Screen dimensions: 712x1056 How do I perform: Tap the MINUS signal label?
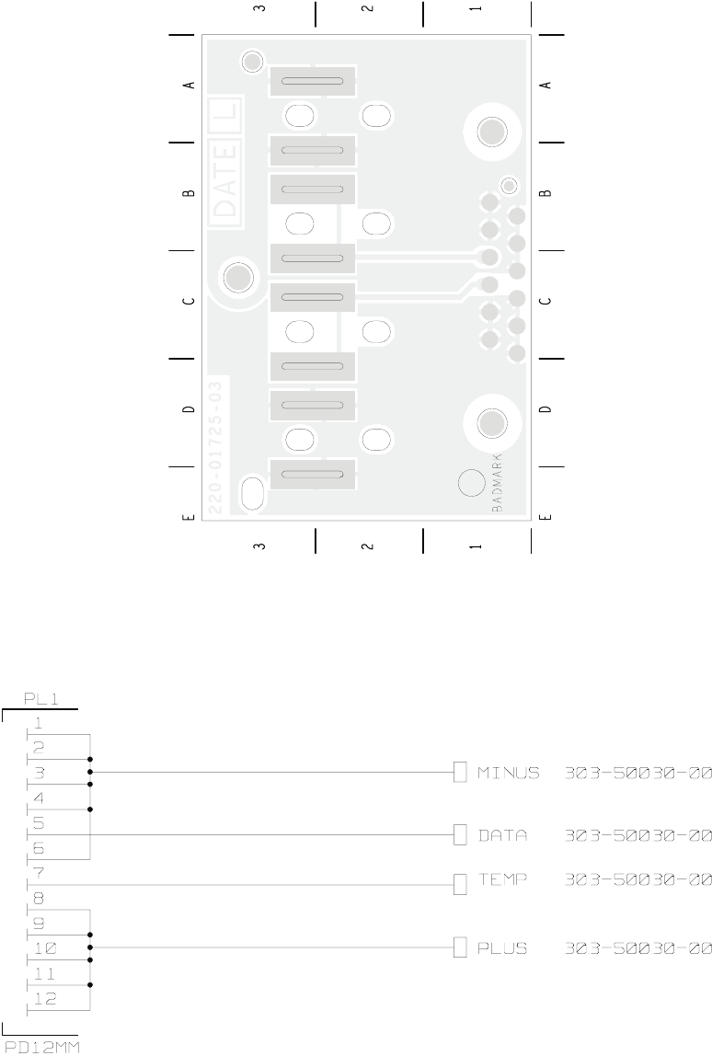click(x=508, y=773)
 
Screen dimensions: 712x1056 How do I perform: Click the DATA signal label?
click(x=502, y=835)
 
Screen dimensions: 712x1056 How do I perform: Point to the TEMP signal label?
click(x=502, y=880)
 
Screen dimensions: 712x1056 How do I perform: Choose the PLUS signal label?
click(x=502, y=947)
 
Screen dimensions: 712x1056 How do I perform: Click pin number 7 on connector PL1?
click(x=38, y=869)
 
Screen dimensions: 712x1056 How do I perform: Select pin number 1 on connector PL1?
click(x=38, y=722)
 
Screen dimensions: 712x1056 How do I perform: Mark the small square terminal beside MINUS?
click(x=461, y=772)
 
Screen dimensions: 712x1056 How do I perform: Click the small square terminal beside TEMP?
click(x=461, y=884)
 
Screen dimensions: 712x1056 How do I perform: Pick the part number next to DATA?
click(x=637, y=835)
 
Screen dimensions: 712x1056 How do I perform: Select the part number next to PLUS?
click(x=637, y=947)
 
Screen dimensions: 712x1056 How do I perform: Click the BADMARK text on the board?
click(x=497, y=483)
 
